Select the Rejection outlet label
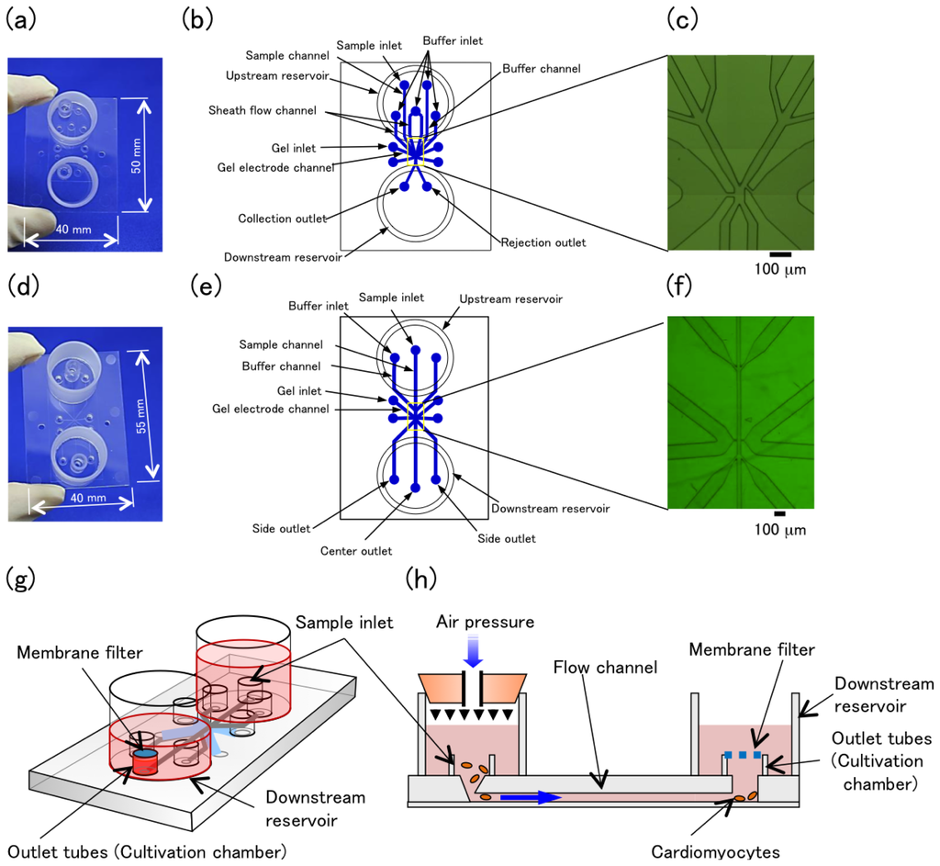(x=543, y=242)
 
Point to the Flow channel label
(x=607, y=668)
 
